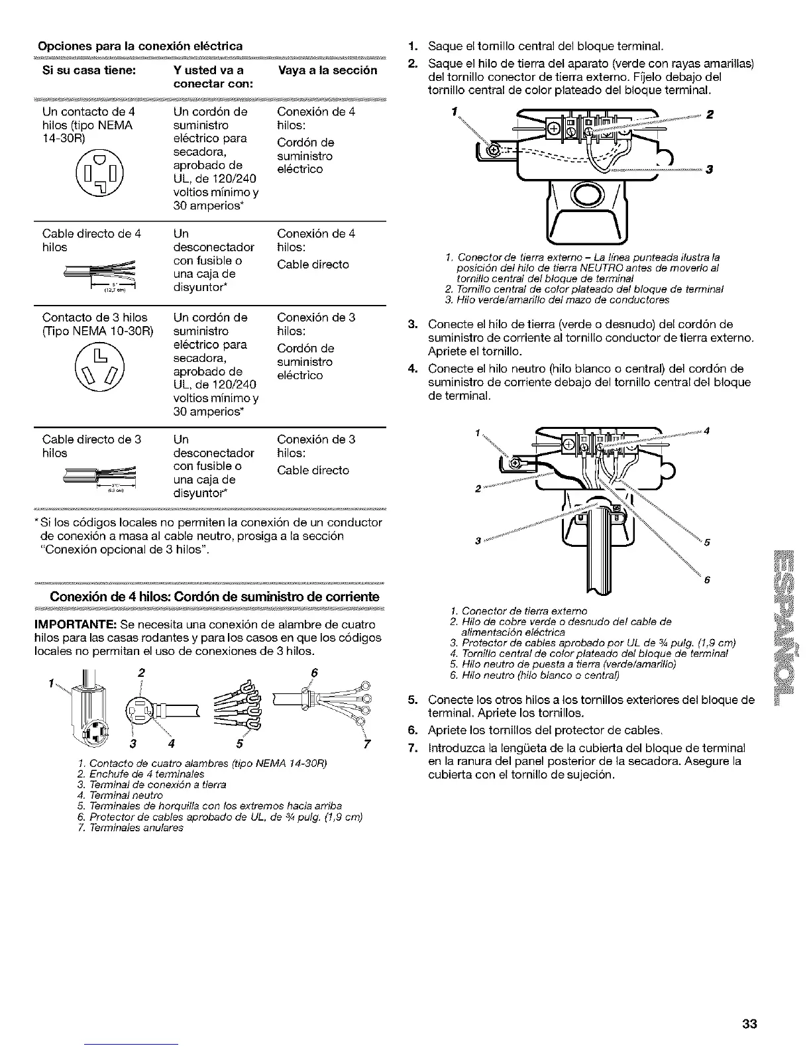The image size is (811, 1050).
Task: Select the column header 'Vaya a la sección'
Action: point(326,70)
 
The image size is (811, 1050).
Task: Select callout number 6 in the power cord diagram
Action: point(314,673)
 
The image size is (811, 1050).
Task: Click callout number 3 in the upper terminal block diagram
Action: point(709,170)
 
